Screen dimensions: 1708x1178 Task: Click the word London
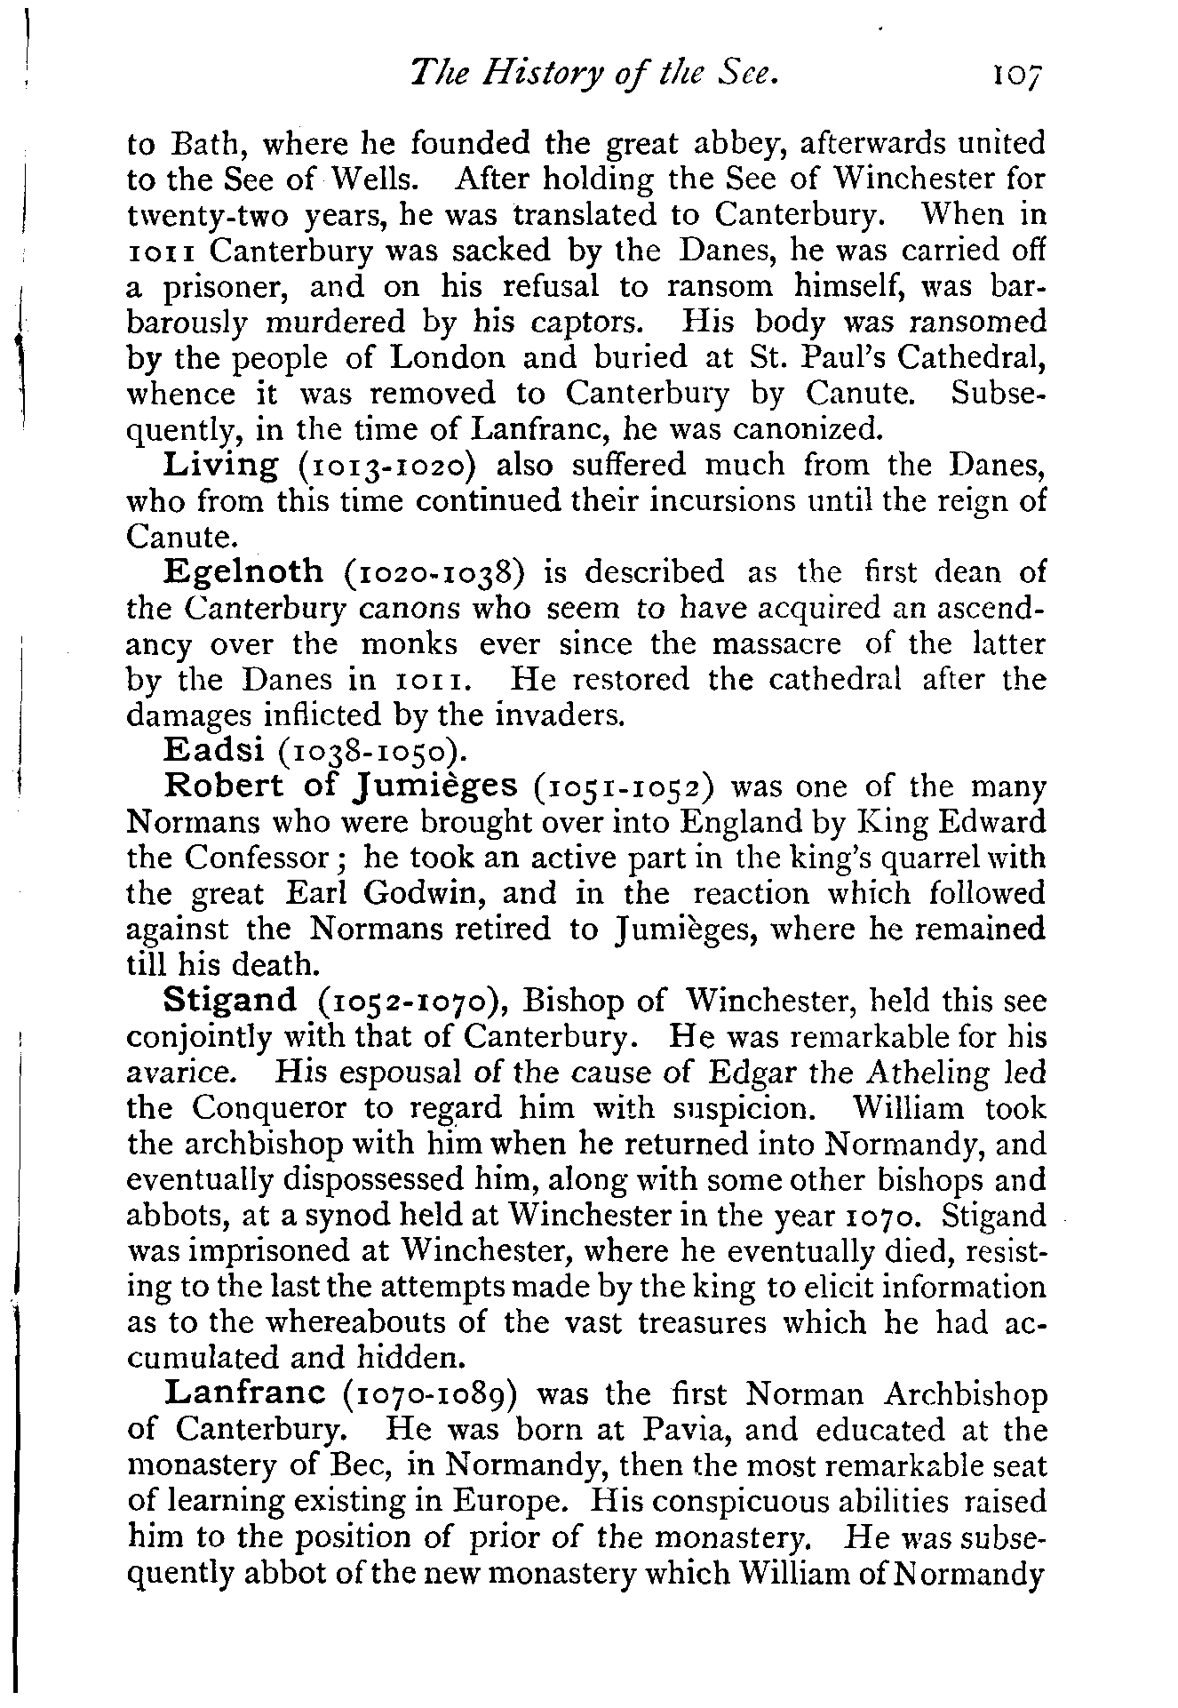(450, 357)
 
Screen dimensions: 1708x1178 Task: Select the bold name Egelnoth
(244, 571)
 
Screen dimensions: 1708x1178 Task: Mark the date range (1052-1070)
(413, 1002)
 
